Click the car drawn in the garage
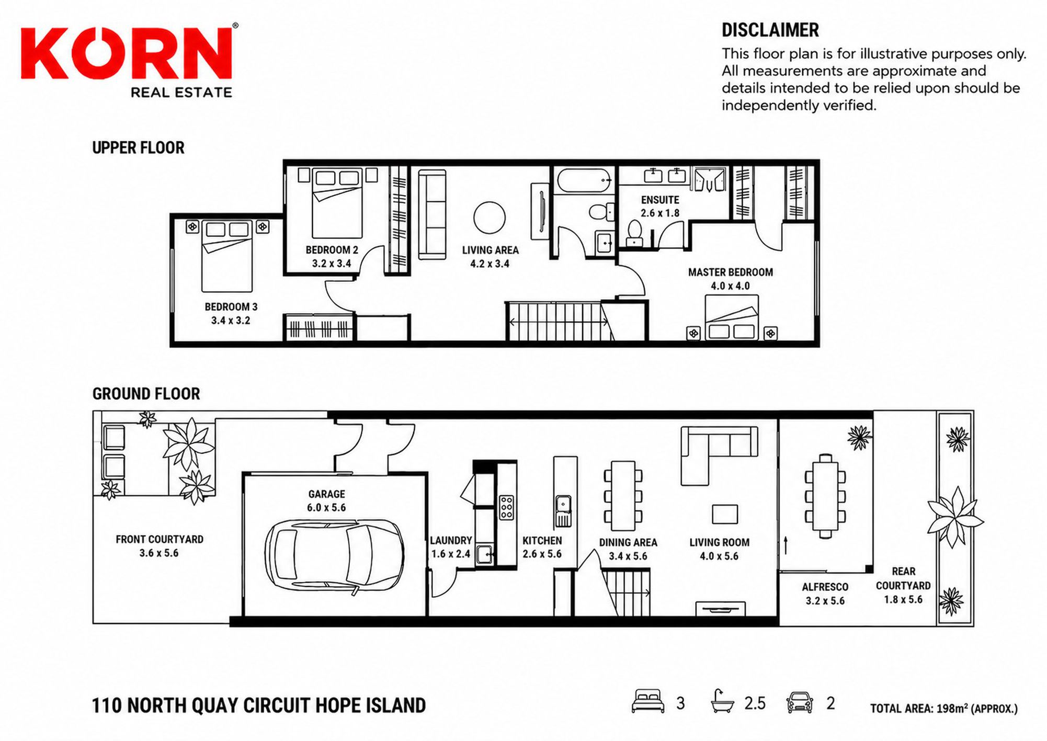334,555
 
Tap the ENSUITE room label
660,200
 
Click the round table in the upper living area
490,218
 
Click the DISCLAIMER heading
770,30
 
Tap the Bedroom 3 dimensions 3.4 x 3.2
231,321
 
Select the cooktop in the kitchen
506,507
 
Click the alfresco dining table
825,496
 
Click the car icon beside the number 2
800,702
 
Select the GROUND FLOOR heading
146,394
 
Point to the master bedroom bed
732,317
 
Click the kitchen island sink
563,510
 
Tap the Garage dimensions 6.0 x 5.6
326,507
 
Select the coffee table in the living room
725,514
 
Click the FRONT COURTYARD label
160,539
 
